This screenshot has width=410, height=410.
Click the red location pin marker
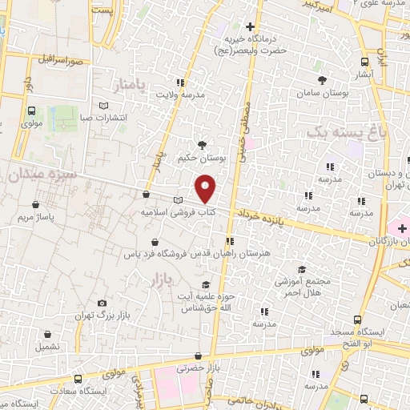point(207,189)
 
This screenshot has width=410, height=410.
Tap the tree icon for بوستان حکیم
point(201,145)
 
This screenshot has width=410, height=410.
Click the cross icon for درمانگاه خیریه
point(251,27)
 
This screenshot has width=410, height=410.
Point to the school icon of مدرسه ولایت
point(181,82)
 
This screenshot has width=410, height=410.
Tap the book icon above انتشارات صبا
point(102,106)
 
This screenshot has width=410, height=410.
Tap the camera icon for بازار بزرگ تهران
point(102,303)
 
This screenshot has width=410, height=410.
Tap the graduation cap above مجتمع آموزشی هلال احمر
point(302,269)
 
